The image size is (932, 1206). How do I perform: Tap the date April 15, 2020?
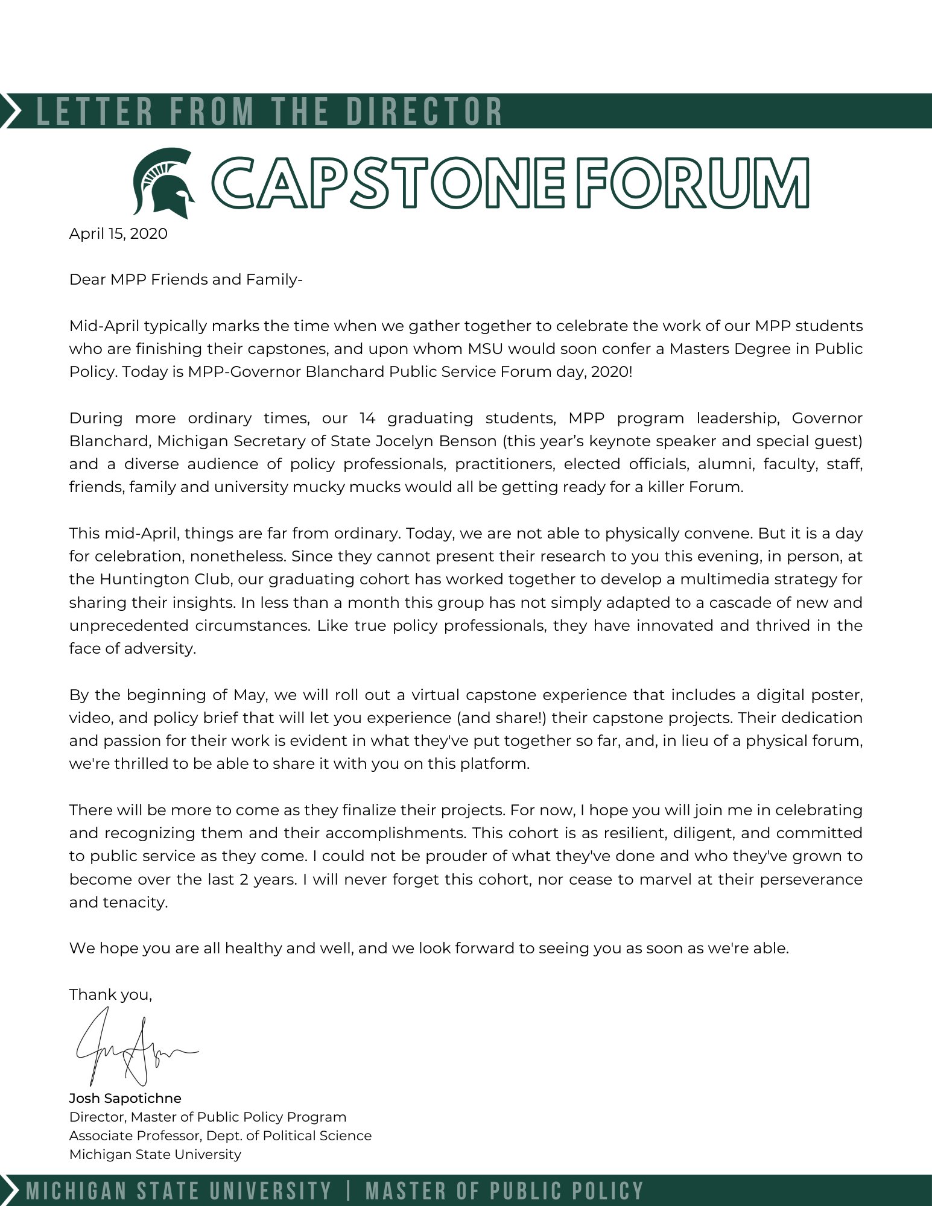click(x=118, y=234)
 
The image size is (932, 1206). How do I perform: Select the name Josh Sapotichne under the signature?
click(x=125, y=1098)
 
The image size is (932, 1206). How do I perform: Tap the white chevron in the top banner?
click(x=11, y=110)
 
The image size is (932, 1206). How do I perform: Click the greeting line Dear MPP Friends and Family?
click(x=186, y=280)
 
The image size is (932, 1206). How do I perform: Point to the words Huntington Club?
click(x=165, y=579)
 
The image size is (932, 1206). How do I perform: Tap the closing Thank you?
click(x=111, y=994)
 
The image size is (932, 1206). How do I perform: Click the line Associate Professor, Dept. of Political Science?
click(x=220, y=1135)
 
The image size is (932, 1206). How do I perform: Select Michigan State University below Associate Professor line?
click(x=155, y=1154)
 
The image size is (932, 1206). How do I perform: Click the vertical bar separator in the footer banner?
click(x=349, y=1191)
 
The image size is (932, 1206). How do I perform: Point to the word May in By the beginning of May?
click(x=249, y=695)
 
